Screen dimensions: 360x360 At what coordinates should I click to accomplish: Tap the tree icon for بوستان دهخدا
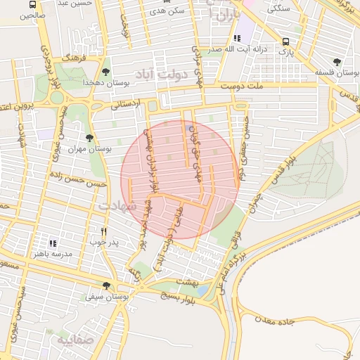point(106,72)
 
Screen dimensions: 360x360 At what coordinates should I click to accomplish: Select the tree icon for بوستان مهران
point(89,138)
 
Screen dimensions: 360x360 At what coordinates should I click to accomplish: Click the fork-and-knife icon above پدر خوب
point(103,231)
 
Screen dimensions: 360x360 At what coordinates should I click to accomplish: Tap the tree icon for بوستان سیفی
point(106,285)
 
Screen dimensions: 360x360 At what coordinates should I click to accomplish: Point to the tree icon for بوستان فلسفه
point(336,62)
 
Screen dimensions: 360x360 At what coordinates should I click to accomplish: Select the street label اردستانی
point(126,103)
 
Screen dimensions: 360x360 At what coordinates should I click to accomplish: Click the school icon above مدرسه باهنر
point(53,243)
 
